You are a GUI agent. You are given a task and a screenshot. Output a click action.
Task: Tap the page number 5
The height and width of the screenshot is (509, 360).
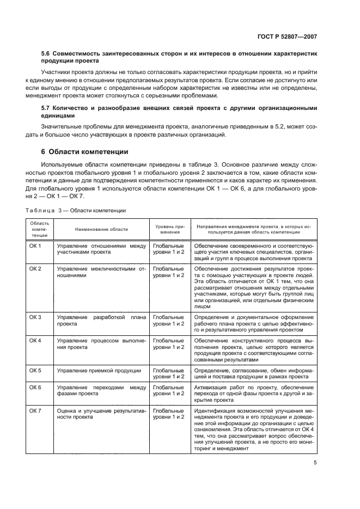[x=315, y=463]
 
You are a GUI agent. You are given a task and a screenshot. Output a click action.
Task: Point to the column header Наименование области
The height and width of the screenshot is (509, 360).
[x=101, y=229]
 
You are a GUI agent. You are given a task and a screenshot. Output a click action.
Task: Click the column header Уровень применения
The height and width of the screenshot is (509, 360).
[x=169, y=229]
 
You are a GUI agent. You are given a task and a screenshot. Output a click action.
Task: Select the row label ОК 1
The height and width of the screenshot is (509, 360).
[x=35, y=246]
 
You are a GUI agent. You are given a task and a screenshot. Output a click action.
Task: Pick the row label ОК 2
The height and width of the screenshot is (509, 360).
[x=35, y=269]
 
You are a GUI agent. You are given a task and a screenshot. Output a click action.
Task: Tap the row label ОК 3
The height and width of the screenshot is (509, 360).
[x=35, y=317]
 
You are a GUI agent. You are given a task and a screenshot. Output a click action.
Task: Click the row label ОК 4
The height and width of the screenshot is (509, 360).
[x=35, y=340]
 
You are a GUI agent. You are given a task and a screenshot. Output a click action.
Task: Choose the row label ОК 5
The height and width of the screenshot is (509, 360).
[x=35, y=371]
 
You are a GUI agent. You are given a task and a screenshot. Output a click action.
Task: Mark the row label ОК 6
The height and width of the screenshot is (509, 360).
[x=35, y=387]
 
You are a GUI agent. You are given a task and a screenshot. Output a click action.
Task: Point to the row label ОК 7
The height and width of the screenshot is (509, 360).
[x=35, y=410]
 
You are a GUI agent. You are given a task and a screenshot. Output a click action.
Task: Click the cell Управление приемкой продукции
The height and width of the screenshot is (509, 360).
[x=99, y=371]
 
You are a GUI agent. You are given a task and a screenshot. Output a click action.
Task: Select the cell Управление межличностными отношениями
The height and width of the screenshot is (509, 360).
[x=101, y=272]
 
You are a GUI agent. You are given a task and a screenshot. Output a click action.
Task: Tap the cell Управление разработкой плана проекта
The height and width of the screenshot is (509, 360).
[x=101, y=320]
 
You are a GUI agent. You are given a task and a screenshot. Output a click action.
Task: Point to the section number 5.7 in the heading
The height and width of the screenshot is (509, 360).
[x=46, y=108]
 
